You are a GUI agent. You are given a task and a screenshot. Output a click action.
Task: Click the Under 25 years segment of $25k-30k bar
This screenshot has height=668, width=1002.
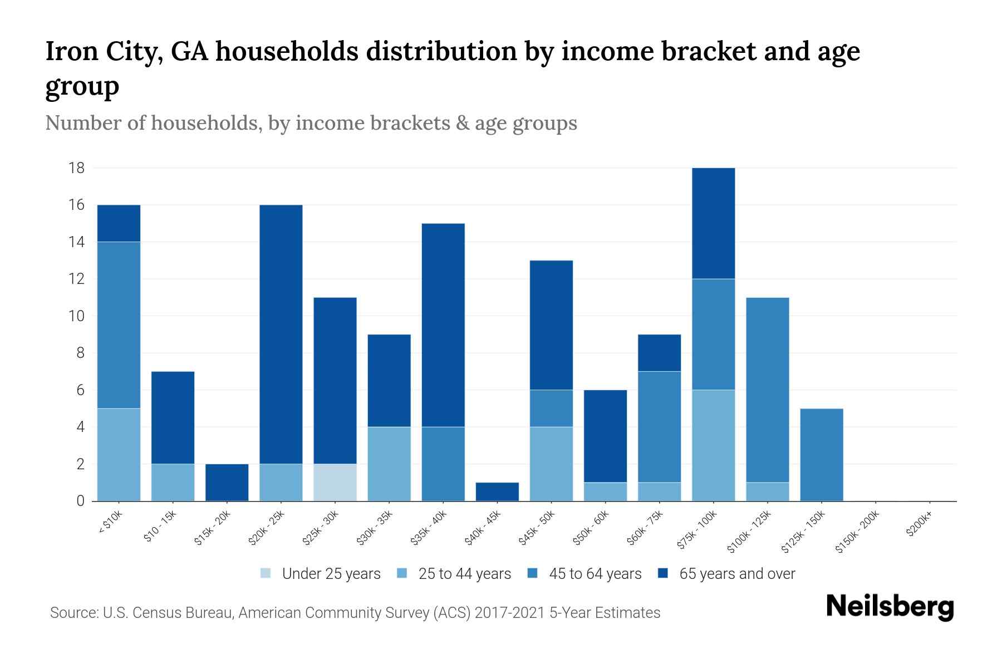335,482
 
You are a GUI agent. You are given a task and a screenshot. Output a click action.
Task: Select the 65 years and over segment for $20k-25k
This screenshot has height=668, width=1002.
281,334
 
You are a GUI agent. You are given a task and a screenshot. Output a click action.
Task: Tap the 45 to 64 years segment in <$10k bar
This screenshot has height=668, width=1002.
119,325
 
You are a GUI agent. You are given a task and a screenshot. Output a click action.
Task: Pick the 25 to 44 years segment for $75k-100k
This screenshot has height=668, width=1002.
713,445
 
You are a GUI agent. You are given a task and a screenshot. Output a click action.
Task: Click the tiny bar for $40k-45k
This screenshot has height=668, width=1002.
497,492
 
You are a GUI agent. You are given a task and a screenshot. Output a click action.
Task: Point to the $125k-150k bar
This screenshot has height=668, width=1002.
821,455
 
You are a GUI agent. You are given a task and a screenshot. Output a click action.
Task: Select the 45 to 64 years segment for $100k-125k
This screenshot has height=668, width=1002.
767,390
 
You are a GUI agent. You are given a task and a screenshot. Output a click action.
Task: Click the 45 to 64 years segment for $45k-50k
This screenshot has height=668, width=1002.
551,408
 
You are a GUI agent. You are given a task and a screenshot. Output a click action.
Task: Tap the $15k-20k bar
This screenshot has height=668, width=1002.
227,482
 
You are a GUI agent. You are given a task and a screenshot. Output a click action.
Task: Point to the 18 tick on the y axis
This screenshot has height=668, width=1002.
77,168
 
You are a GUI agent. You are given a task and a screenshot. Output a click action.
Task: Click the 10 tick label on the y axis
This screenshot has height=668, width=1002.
77,316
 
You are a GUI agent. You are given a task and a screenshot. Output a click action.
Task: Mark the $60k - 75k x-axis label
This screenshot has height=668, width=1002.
645,528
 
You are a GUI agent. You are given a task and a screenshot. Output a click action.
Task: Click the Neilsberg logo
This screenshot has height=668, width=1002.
890,607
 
